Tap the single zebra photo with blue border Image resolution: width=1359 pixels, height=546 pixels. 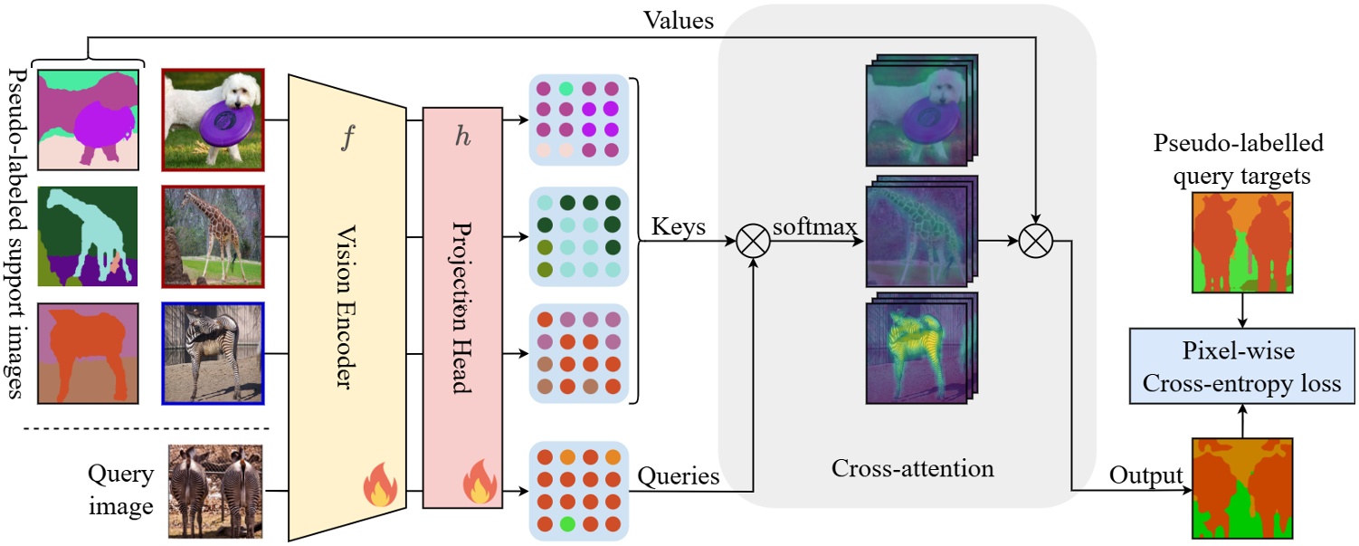(213, 353)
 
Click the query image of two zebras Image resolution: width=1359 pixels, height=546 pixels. (216, 492)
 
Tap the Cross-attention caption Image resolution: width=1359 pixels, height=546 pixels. (912, 468)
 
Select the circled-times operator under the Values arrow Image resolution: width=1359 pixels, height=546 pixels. (1033, 242)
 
